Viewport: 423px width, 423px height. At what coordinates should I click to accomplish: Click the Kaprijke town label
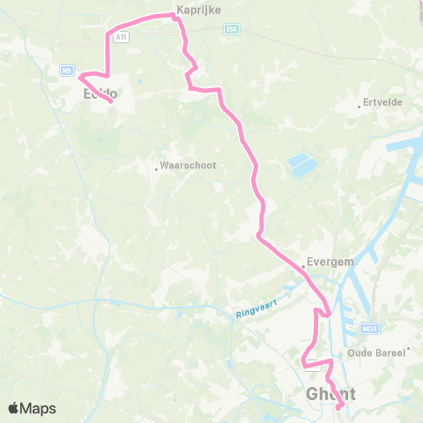pyautogui.click(x=198, y=9)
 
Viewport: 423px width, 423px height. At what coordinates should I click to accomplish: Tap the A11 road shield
pyautogui.click(x=122, y=36)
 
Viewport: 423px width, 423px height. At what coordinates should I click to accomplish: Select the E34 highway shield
pyautogui.click(x=232, y=28)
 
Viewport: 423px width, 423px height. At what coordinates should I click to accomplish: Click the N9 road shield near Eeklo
pyautogui.click(x=66, y=70)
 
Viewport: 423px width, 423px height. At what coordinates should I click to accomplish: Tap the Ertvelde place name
pyautogui.click(x=383, y=102)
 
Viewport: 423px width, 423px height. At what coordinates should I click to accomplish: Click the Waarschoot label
pyautogui.click(x=186, y=165)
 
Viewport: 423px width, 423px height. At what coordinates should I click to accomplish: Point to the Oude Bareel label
pyautogui.click(x=376, y=352)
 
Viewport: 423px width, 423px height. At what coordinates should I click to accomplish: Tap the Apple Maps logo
pyautogui.click(x=31, y=409)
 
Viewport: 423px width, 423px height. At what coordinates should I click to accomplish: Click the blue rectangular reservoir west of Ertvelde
pyautogui.click(x=300, y=164)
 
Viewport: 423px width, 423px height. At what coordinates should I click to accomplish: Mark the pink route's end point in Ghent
pyautogui.click(x=340, y=406)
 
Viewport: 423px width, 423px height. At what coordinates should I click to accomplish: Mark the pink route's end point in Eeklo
pyautogui.click(x=111, y=102)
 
